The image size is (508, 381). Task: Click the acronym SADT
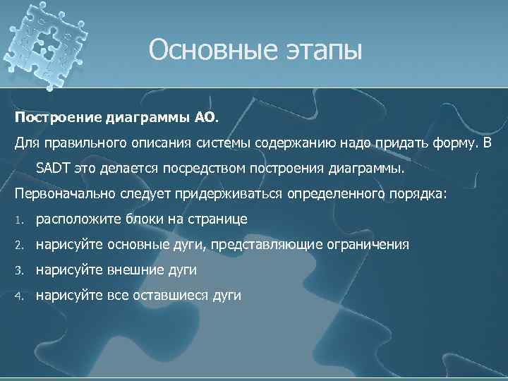point(53,169)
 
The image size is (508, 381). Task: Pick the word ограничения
point(368,245)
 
